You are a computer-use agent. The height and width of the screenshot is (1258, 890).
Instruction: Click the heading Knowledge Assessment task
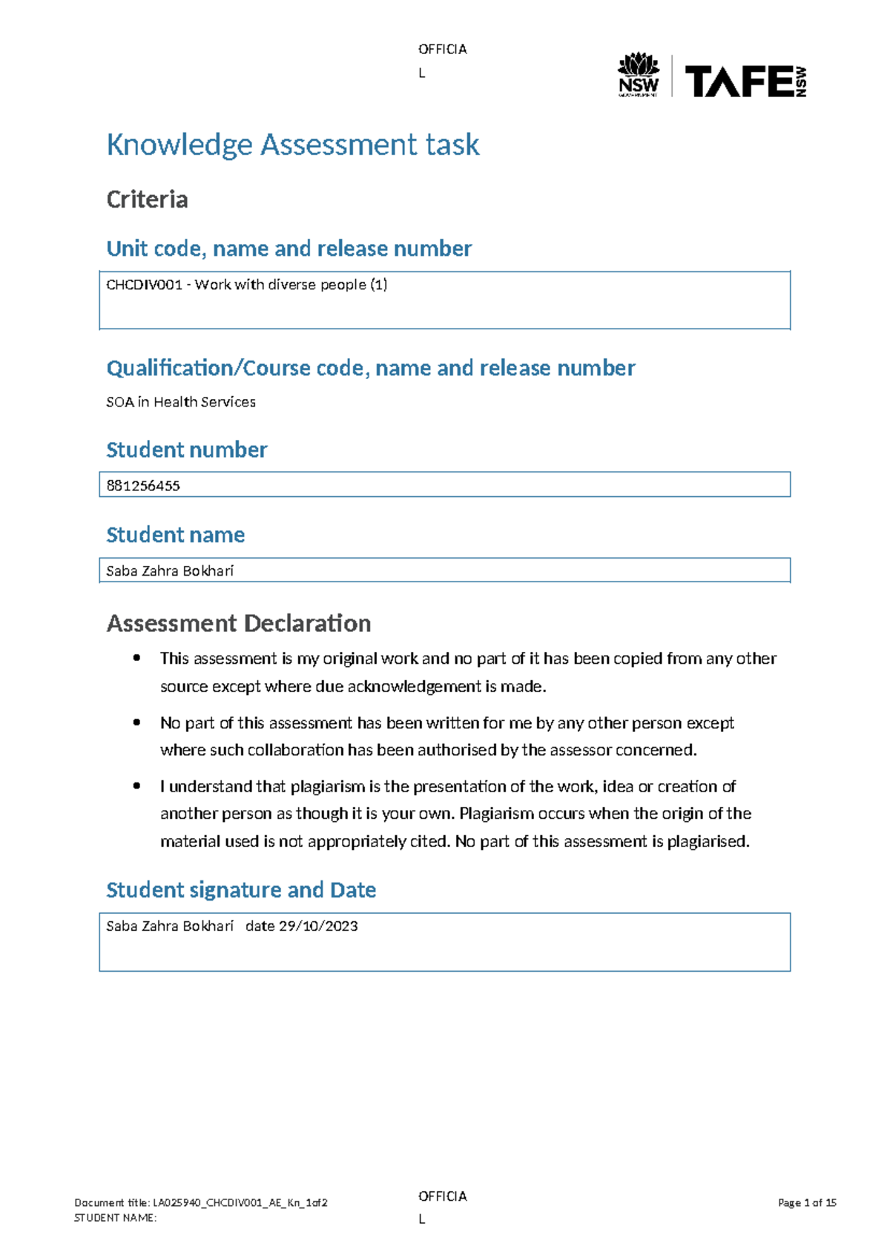(x=293, y=144)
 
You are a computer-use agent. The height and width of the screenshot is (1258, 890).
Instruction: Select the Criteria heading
(x=147, y=200)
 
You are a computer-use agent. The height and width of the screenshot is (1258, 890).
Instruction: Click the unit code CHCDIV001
(x=144, y=285)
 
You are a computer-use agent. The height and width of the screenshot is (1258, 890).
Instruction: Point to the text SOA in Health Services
(x=181, y=402)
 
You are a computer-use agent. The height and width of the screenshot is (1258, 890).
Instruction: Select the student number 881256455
(x=143, y=486)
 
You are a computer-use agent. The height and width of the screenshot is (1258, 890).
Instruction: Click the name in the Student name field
(x=170, y=571)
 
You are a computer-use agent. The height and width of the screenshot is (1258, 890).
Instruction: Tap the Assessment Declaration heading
(x=238, y=623)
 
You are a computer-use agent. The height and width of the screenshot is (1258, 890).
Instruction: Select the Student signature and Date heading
(x=241, y=890)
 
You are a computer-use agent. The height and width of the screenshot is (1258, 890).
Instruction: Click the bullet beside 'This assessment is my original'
(x=136, y=658)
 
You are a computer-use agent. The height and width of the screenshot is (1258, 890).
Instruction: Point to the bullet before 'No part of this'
(x=136, y=722)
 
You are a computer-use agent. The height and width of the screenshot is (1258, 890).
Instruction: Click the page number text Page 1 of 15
(x=807, y=1203)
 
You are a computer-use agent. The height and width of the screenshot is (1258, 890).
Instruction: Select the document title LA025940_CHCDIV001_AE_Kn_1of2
(x=240, y=1203)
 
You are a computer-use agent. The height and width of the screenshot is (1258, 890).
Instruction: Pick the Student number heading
(x=186, y=449)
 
